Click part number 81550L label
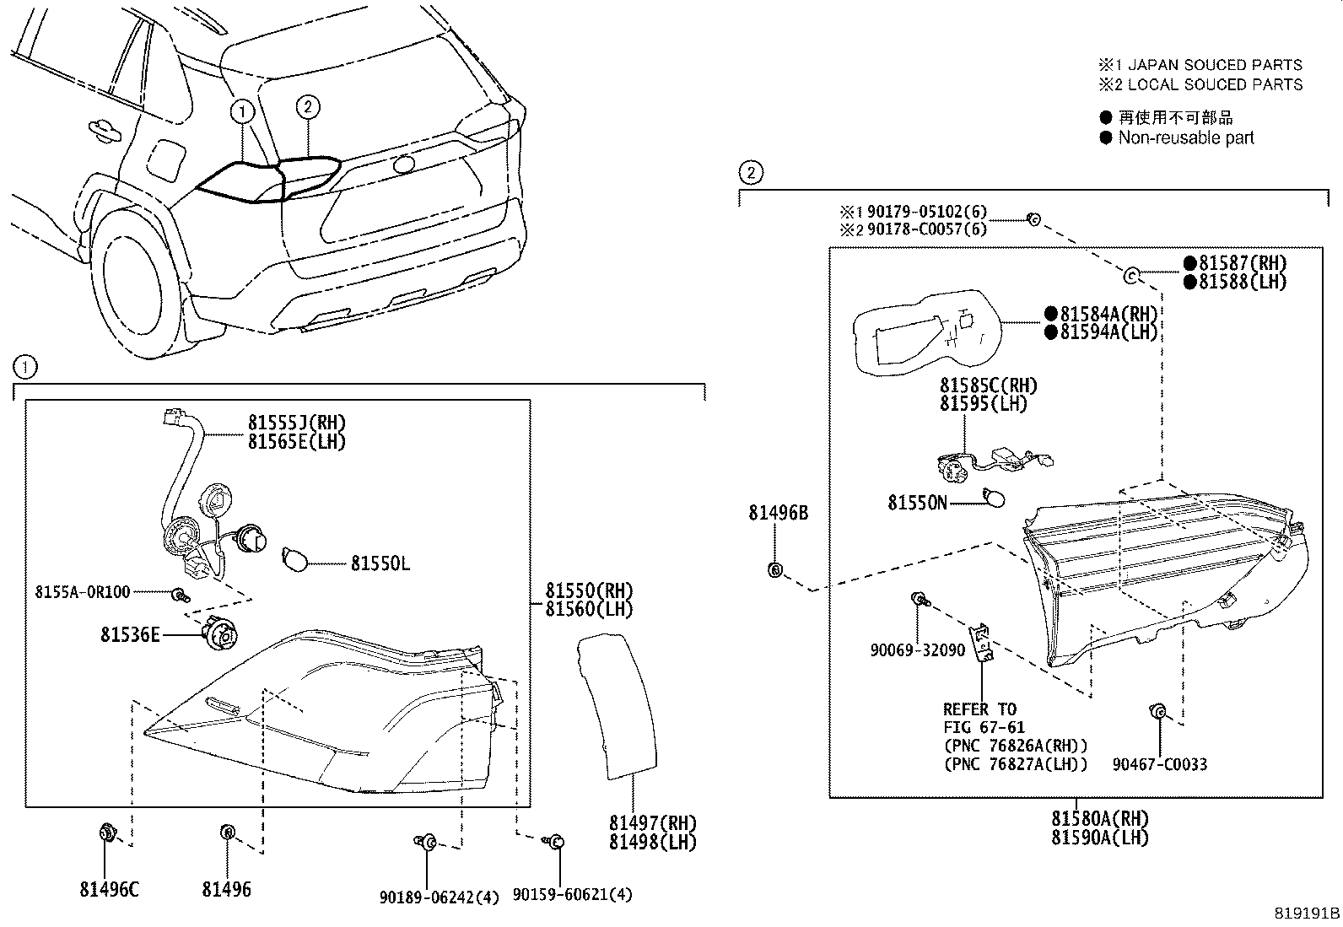click(380, 563)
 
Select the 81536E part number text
click(130, 634)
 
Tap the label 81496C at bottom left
click(109, 889)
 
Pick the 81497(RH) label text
click(653, 823)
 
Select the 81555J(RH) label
click(296, 423)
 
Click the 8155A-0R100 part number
click(83, 592)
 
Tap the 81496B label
click(778, 513)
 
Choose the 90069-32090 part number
click(918, 650)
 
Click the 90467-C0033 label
click(1159, 765)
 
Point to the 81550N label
click(917, 504)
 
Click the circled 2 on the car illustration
click(308, 106)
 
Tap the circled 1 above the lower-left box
click(25, 367)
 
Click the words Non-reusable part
click(1185, 137)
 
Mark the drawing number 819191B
click(1307, 913)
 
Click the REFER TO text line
click(979, 709)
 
